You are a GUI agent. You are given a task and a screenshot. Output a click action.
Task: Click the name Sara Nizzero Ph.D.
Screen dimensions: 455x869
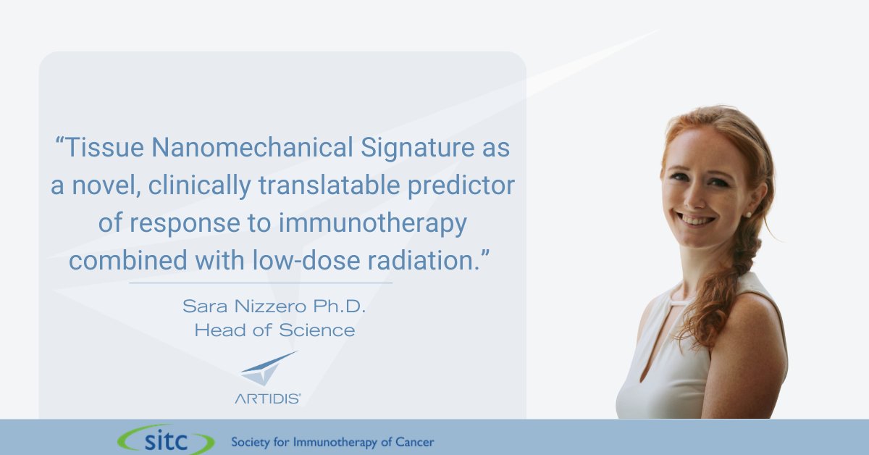[275, 307]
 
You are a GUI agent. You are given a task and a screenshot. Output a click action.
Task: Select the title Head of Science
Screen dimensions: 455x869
[275, 330]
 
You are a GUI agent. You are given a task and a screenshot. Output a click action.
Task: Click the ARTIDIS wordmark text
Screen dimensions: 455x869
[269, 398]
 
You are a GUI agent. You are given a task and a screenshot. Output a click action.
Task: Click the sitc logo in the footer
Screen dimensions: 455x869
[166, 440]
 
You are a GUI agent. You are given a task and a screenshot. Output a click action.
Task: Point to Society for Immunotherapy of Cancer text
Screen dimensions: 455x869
[332, 441]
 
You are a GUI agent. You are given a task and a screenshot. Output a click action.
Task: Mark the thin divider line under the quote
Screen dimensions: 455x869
[261, 283]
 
